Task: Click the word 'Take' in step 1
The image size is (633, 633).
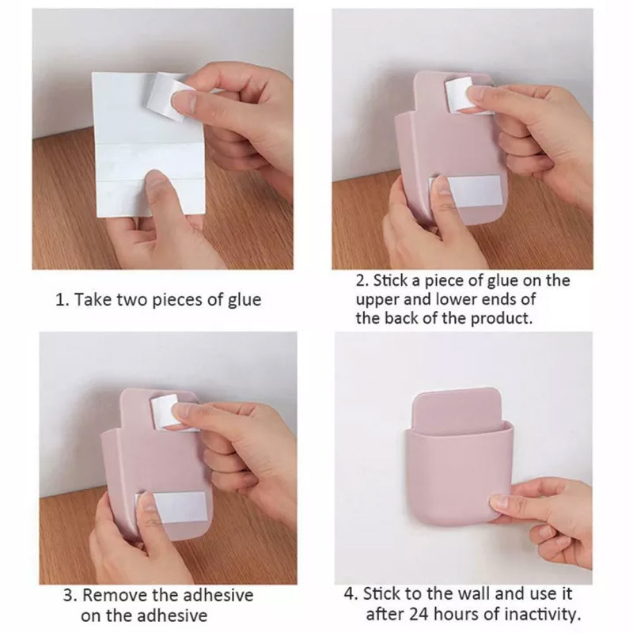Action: tap(93, 301)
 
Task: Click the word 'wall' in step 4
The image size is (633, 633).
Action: tap(472, 593)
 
